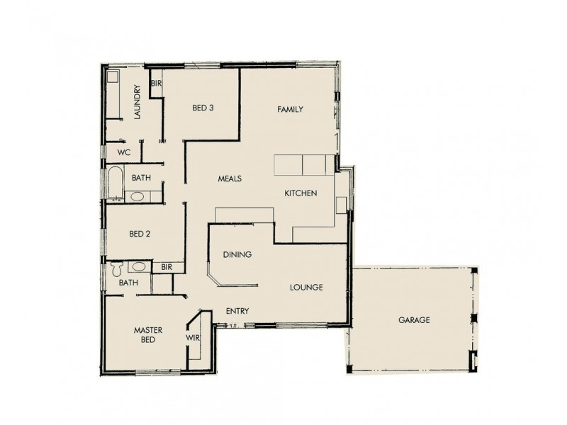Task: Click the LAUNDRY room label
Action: point(137,102)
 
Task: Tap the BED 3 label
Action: point(203,108)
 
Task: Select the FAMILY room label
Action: point(290,109)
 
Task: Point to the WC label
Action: point(124,152)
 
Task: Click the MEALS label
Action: point(230,178)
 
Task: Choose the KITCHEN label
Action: point(301,193)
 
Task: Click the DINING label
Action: point(237,254)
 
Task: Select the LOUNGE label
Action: point(306,288)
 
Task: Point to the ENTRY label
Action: point(237,311)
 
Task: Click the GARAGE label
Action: point(414,320)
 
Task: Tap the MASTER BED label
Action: point(149,334)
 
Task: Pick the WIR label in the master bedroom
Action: point(193,339)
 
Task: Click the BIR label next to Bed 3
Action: point(156,83)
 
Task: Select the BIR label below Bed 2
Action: point(167,267)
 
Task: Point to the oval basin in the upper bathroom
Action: point(138,196)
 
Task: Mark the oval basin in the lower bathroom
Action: point(140,267)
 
